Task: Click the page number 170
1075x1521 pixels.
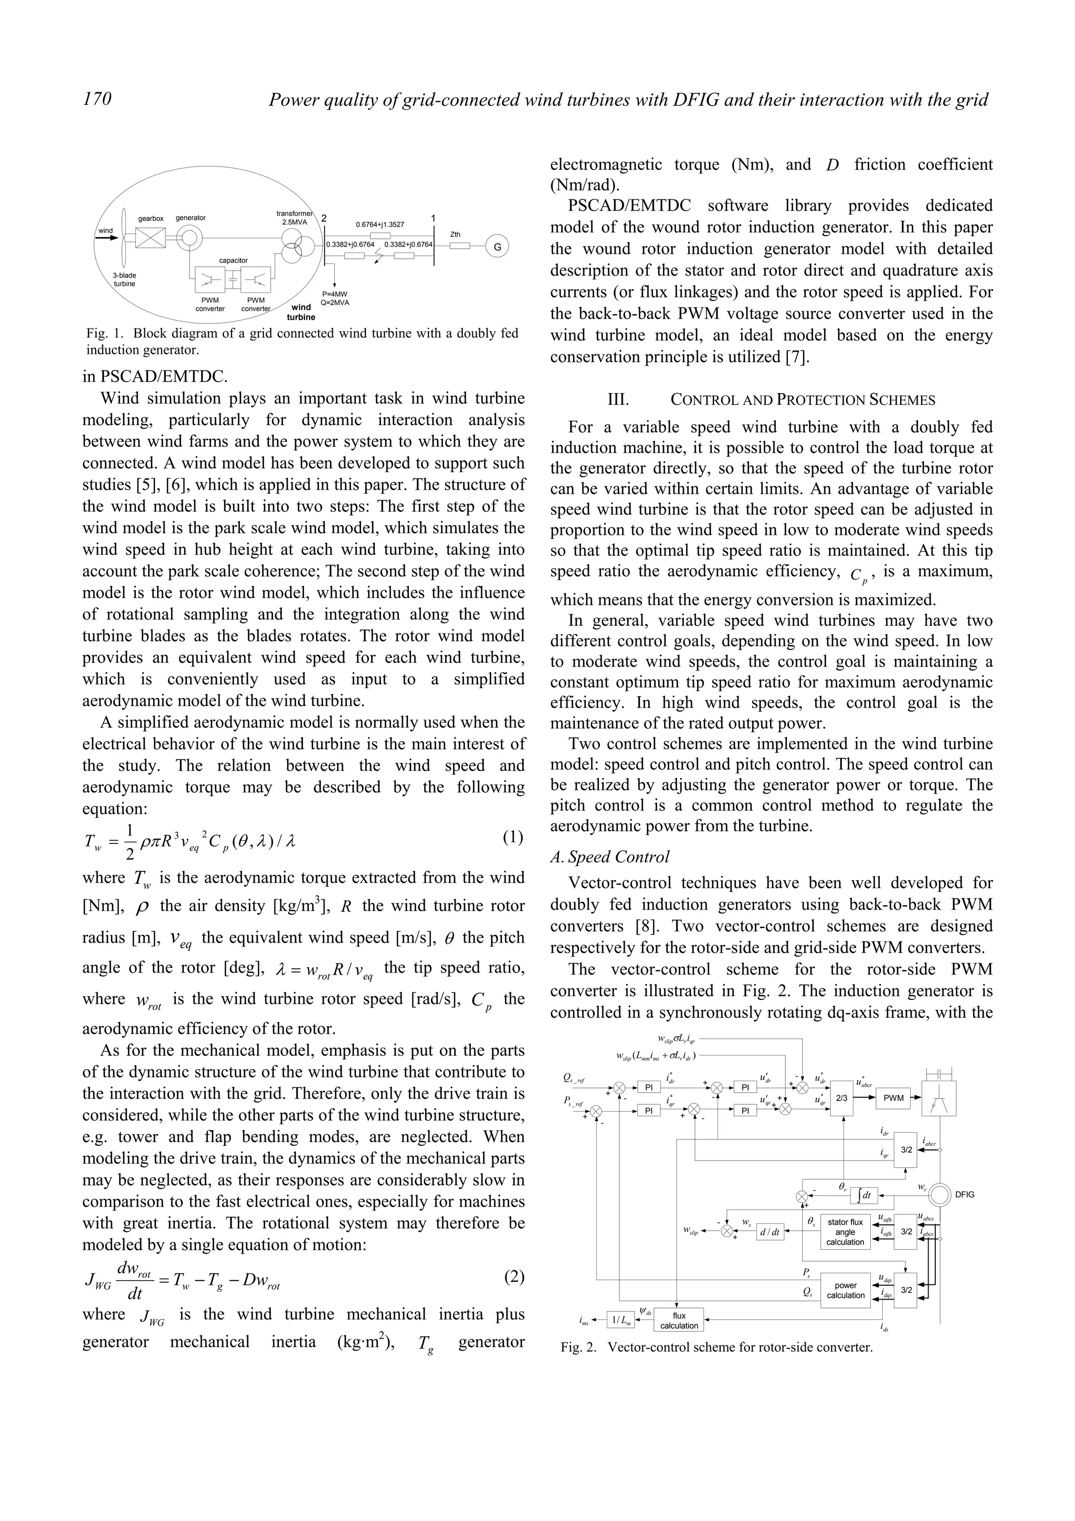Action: click(97, 99)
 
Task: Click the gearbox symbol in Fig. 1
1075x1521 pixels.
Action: click(150, 237)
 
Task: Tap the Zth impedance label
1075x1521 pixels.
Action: click(455, 235)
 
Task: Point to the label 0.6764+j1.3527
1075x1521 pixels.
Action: click(380, 225)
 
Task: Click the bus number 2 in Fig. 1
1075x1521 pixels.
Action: click(324, 219)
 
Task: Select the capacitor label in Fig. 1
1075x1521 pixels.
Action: click(233, 260)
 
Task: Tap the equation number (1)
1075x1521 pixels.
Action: click(513, 837)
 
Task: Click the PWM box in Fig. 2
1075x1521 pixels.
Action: click(893, 1097)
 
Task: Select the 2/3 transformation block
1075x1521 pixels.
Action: click(842, 1097)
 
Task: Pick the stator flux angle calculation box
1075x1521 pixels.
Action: click(845, 1232)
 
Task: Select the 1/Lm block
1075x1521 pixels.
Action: click(620, 1321)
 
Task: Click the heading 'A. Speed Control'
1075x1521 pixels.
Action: click(610, 857)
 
